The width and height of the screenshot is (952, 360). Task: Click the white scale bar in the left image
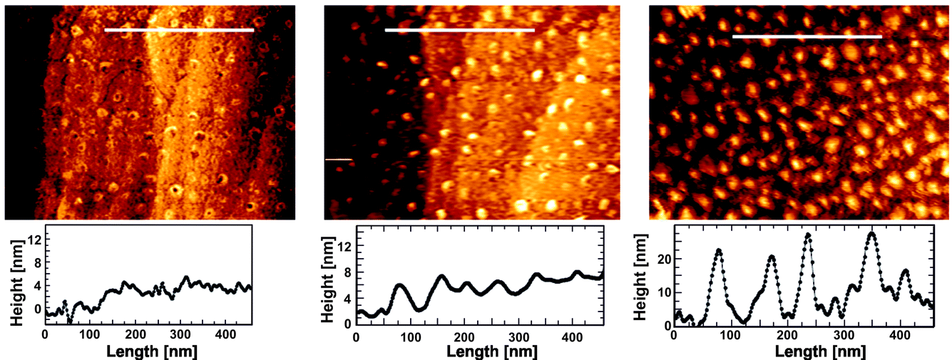point(178,31)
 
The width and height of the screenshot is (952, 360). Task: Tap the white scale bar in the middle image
point(459,30)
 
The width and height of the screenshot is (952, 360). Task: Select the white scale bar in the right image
point(807,36)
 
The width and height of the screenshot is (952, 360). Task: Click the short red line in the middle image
point(339,160)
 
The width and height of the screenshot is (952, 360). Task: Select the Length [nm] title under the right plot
point(802,352)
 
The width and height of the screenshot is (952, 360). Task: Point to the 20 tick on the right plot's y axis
point(663,259)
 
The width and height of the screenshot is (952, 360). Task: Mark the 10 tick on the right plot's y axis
point(663,292)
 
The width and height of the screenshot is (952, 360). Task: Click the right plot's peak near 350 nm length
point(871,233)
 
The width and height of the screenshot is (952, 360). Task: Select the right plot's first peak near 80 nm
point(719,250)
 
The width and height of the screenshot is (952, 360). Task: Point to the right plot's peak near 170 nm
point(772,257)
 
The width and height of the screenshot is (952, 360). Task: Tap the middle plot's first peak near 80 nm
point(399,285)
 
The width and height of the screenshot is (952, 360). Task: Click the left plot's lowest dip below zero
point(69,322)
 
